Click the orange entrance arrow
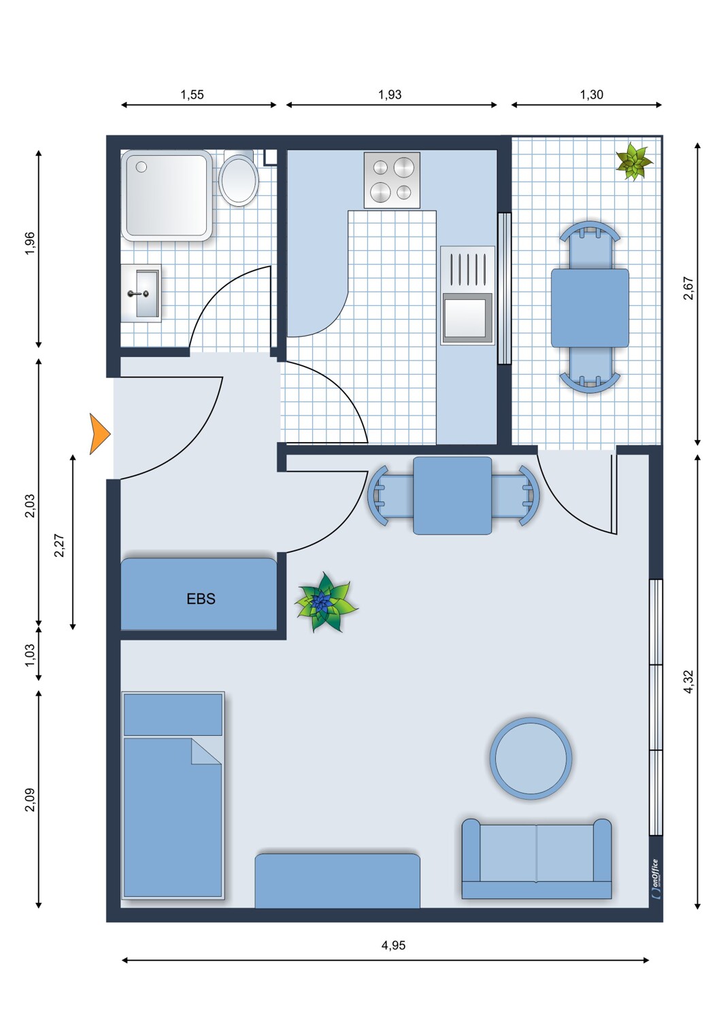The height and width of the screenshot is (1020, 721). pyautogui.click(x=99, y=434)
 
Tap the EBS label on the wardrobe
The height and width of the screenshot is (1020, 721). pyautogui.click(x=201, y=598)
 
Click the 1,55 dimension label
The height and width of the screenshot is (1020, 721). pyautogui.click(x=192, y=95)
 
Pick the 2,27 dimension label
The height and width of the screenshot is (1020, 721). pyautogui.click(x=59, y=545)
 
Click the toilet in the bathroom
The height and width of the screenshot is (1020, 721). pyautogui.click(x=238, y=178)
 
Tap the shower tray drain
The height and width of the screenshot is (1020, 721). pyautogui.click(x=141, y=167)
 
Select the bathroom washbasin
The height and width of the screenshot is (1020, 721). pyautogui.click(x=141, y=293)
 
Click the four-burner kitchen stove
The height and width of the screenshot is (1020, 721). pyautogui.click(x=392, y=180)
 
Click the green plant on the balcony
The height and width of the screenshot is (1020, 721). pyautogui.click(x=633, y=162)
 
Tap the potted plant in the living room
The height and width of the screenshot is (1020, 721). pyautogui.click(x=326, y=602)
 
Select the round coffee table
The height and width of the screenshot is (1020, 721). pyautogui.click(x=531, y=758)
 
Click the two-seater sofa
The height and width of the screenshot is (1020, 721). pyautogui.click(x=537, y=859)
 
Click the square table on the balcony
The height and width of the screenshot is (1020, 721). pyautogui.click(x=590, y=308)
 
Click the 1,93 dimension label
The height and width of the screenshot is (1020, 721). pyautogui.click(x=390, y=95)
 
